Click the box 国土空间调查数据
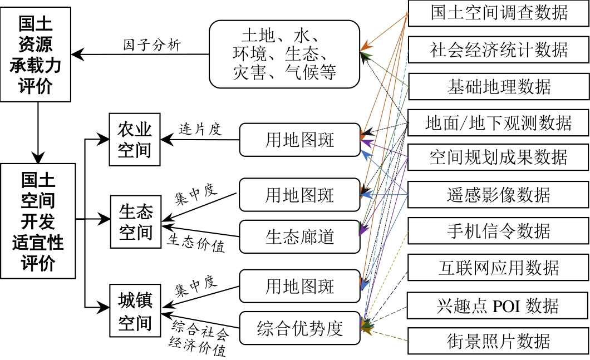point(499,13)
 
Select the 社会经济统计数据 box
point(499,50)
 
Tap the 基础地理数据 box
point(499,86)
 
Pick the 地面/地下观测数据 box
point(499,122)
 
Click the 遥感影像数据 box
point(499,195)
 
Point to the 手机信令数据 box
point(499,231)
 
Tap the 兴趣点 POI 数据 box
point(499,306)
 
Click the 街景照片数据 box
point(499,341)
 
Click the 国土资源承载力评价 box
point(36,55)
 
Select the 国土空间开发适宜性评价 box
point(38,221)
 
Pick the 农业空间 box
point(135,140)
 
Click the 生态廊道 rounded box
point(299,236)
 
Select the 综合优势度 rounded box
point(299,328)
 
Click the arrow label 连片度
point(200,130)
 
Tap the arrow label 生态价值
point(196,243)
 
